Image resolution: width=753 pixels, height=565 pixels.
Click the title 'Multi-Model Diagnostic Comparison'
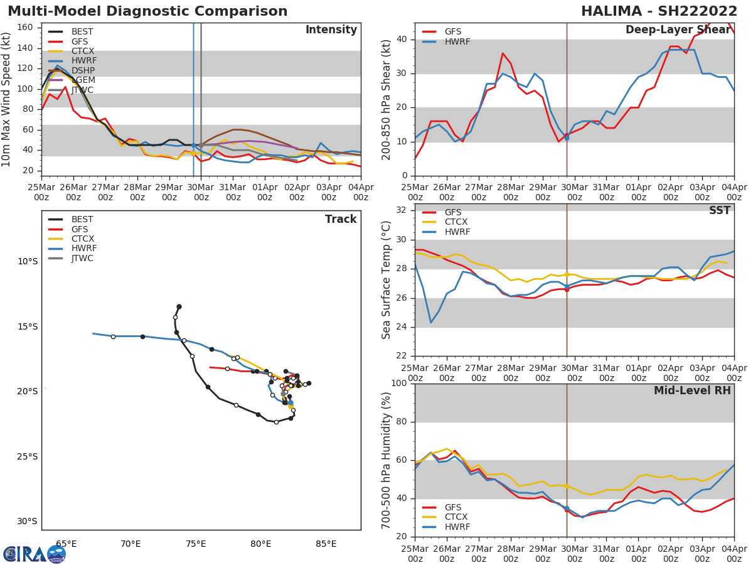(147, 11)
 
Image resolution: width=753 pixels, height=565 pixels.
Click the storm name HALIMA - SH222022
(659, 11)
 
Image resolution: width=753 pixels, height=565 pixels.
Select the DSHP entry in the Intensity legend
(82, 71)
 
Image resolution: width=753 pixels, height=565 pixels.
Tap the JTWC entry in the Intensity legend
(82, 90)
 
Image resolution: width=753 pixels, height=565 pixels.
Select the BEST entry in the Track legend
(82, 220)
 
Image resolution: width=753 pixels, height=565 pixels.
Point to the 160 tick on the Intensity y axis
(26, 28)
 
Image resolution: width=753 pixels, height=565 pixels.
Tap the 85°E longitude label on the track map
(326, 544)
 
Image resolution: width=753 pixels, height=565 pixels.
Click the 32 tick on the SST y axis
(400, 210)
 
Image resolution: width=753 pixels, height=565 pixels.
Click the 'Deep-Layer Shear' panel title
(678, 30)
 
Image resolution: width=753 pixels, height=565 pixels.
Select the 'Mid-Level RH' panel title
(692, 390)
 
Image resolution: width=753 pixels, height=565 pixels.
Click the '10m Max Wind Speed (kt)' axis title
(7, 99)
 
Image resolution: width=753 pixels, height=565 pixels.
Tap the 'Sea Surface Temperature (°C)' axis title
(387, 279)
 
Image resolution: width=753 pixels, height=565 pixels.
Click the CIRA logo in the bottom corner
(35, 554)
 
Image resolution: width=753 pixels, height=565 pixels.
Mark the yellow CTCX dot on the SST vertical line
(567, 274)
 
